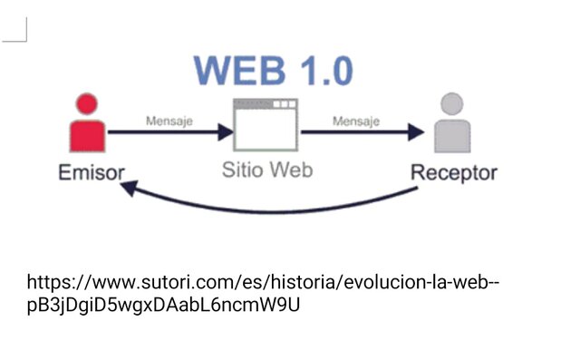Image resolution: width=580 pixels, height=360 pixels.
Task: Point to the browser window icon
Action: [266, 124]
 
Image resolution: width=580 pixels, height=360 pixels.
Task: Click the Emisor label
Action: [92, 172]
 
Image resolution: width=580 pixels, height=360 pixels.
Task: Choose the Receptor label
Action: [454, 172]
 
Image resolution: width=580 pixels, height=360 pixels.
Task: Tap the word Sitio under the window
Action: [243, 170]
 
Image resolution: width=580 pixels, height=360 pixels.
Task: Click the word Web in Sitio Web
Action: [292, 170]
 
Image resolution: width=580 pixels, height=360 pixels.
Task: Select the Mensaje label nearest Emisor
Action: [169, 121]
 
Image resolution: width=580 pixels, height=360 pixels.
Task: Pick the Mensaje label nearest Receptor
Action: [355, 121]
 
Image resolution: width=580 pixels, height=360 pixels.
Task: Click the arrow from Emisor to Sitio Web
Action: [169, 133]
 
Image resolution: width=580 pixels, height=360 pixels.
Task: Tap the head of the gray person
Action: [453, 103]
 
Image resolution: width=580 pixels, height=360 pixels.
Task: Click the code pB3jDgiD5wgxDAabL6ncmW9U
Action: [163, 305]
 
